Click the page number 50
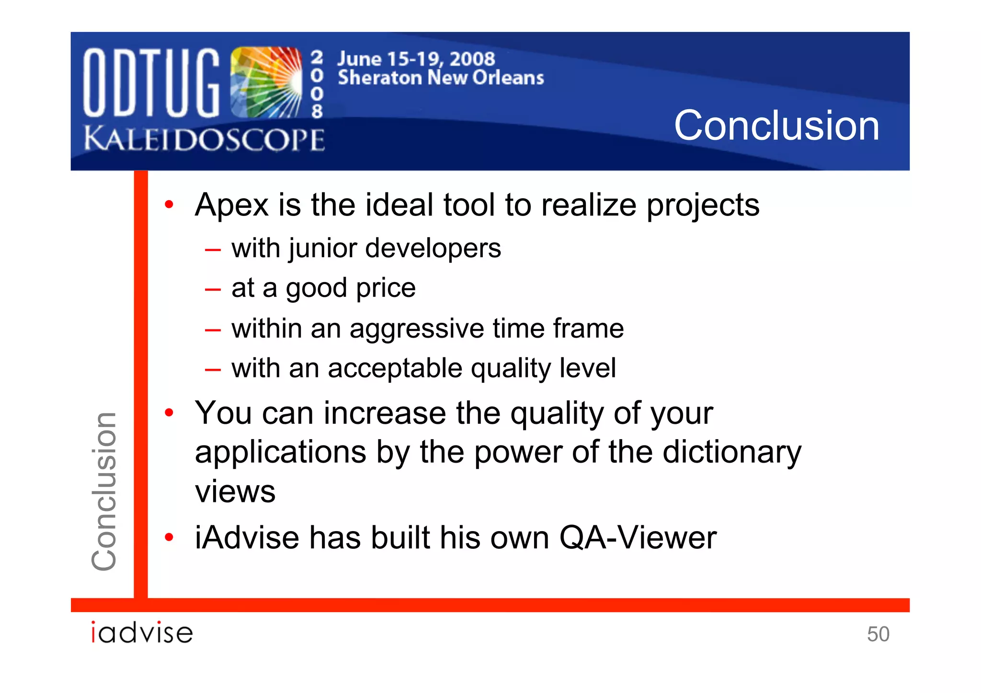click(x=878, y=634)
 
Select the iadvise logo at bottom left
click(x=142, y=633)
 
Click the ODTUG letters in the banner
click(x=151, y=82)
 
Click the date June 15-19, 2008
click(x=416, y=59)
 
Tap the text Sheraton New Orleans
click(x=441, y=78)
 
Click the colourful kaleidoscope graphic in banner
click(x=266, y=82)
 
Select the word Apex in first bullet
click(x=231, y=205)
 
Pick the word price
click(x=386, y=288)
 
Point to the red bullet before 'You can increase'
click(x=169, y=412)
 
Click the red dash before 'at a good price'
click(x=212, y=290)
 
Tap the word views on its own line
click(x=235, y=492)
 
